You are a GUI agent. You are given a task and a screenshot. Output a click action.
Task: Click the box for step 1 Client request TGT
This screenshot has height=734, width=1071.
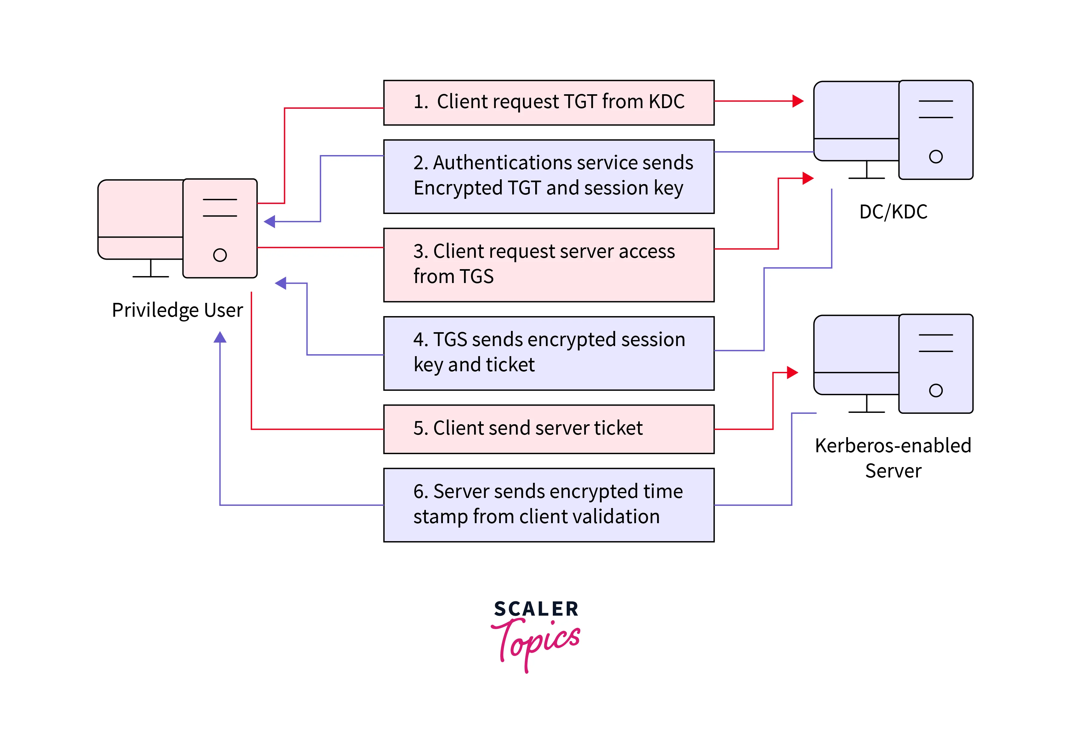[548, 102]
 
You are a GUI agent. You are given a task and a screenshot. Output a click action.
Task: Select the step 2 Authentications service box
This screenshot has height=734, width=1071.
[548, 176]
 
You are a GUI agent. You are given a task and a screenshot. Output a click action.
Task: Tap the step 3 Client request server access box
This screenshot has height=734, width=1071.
[548, 265]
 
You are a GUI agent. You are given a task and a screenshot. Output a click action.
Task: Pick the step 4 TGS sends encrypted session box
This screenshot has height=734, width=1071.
[548, 353]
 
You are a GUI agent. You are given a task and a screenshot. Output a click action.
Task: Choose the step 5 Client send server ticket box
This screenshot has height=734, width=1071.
[548, 429]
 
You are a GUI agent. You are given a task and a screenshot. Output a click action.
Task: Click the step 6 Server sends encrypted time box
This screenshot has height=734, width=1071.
[548, 505]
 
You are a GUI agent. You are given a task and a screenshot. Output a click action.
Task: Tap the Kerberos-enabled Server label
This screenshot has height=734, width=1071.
[893, 458]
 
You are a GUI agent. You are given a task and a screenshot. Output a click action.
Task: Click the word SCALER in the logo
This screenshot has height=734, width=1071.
[536, 609]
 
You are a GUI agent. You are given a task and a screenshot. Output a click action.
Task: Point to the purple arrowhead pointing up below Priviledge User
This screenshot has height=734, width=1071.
[220, 338]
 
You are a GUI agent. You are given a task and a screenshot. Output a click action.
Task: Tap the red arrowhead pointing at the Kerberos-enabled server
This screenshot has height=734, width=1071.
[792, 372]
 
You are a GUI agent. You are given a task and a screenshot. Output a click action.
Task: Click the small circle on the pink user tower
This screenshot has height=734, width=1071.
[220, 255]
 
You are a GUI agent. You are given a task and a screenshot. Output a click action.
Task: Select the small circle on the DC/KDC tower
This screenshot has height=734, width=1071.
[936, 157]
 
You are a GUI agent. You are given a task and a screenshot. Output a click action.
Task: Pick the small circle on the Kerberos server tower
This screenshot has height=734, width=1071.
[936, 390]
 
